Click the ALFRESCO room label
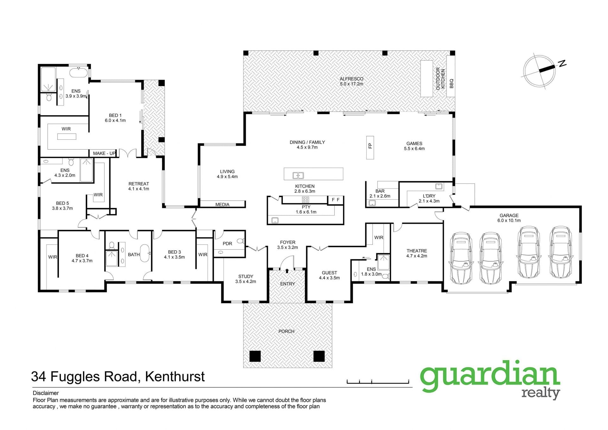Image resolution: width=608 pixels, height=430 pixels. click(x=351, y=79)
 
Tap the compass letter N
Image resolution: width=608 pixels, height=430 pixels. click(x=562, y=63)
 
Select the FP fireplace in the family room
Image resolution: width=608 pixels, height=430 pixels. click(x=370, y=148)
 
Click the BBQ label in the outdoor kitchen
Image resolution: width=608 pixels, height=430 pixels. click(x=452, y=83)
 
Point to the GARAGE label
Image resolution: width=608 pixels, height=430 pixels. click(x=509, y=215)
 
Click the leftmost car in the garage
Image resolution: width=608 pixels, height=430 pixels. click(x=460, y=258)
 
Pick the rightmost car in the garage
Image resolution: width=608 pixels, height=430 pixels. click(x=561, y=252)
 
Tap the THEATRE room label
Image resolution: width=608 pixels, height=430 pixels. click(x=417, y=251)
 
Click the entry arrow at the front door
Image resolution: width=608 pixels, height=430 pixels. click(x=287, y=271)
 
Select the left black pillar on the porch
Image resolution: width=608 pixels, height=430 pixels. click(x=255, y=356)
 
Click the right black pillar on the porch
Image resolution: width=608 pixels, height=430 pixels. click(x=319, y=356)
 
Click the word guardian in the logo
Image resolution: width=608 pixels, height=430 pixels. click(x=490, y=376)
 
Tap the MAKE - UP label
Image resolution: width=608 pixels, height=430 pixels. click(x=104, y=153)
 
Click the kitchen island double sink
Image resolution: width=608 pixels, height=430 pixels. click(x=298, y=175)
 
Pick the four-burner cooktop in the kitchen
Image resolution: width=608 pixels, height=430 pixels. click(x=306, y=200)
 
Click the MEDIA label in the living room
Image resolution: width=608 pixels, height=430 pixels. click(x=222, y=204)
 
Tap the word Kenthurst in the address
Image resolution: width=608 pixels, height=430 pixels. click(x=175, y=376)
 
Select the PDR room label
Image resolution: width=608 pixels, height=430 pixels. click(x=227, y=244)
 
